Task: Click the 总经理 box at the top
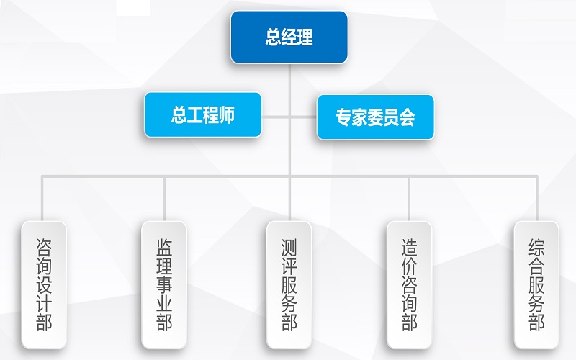(289, 37)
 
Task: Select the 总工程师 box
(203, 115)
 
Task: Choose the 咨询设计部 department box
(44, 285)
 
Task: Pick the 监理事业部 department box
(165, 285)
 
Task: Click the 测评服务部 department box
(289, 285)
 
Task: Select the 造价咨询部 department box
(410, 285)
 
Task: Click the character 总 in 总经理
(274, 37)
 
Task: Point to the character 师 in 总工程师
(227, 115)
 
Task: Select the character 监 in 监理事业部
(165, 248)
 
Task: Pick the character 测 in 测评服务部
(289, 248)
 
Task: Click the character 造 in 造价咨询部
(410, 248)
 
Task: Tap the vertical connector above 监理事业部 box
(165, 198)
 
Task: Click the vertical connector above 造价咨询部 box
(410, 198)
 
